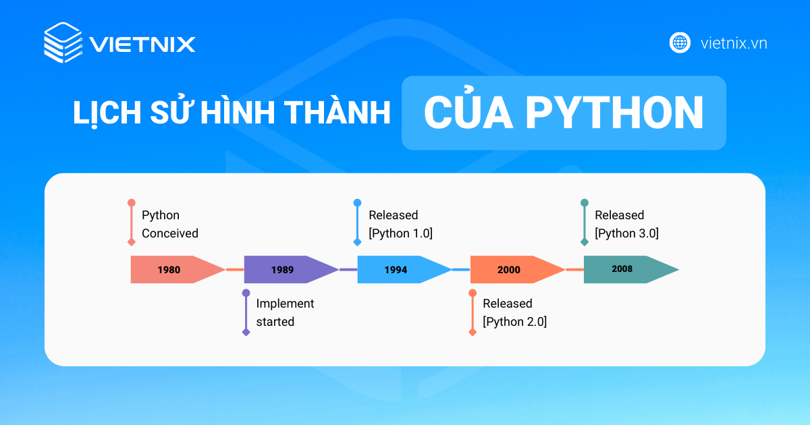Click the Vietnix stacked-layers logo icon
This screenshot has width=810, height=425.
tap(63, 43)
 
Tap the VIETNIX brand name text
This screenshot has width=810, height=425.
tap(142, 45)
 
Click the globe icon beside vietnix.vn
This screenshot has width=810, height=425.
tap(680, 42)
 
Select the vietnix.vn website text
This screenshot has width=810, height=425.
tap(734, 43)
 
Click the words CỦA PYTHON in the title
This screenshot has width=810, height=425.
tap(564, 113)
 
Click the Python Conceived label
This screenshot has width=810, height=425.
tap(169, 224)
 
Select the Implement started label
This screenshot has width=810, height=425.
tap(285, 312)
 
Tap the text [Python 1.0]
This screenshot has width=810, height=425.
tap(400, 233)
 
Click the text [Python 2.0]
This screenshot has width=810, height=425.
tap(514, 322)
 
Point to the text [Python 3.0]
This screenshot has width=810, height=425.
tap(626, 233)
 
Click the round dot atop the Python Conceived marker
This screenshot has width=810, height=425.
tap(131, 202)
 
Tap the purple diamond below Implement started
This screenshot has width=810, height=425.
tap(246, 333)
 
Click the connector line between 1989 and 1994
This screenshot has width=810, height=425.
tap(348, 269)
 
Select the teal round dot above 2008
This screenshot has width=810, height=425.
tap(585, 202)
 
